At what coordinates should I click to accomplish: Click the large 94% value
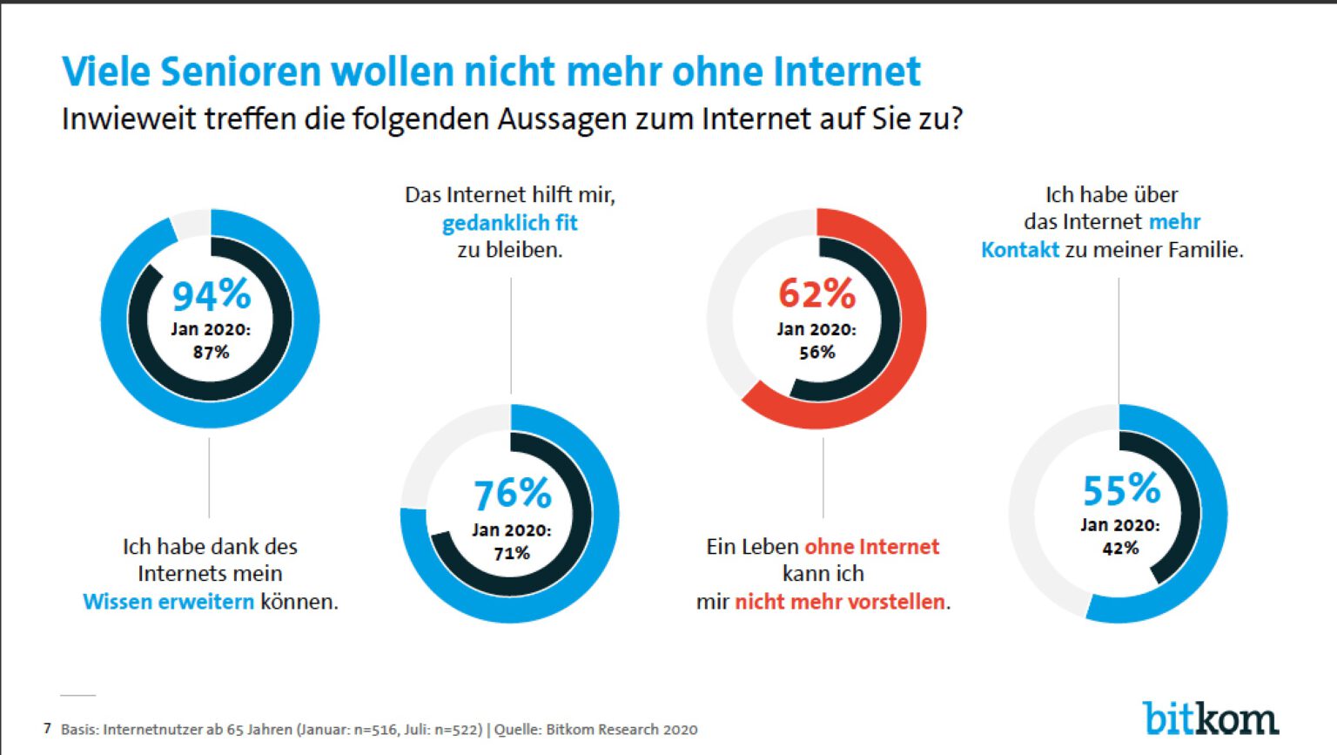click(x=211, y=295)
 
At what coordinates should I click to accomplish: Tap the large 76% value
click(x=512, y=494)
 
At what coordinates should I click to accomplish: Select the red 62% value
click(x=816, y=293)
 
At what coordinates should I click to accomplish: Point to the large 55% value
click(x=1121, y=490)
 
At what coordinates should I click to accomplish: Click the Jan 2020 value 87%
click(x=211, y=352)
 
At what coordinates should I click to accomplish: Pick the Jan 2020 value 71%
click(x=512, y=553)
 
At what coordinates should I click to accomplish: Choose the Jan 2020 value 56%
click(x=816, y=352)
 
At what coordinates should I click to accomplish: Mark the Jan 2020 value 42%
click(x=1120, y=548)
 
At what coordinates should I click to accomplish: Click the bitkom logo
click(x=1210, y=718)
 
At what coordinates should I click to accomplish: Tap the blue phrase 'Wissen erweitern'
click(x=168, y=602)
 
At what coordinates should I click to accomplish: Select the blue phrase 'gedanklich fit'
click(x=509, y=223)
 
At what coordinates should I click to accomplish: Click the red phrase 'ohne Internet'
click(x=872, y=547)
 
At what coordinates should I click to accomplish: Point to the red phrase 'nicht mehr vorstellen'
click(x=840, y=602)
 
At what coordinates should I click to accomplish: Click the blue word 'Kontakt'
click(x=1019, y=250)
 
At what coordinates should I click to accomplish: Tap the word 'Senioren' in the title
click(x=240, y=71)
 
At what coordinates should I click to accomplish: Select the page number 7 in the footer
click(x=47, y=728)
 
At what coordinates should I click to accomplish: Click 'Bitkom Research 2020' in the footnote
click(x=621, y=730)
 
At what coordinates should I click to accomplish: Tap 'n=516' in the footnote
click(x=375, y=730)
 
